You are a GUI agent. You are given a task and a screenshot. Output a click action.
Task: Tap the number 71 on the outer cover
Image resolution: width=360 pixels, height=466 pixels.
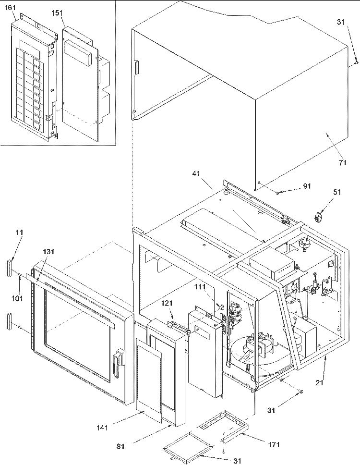coord(342,163)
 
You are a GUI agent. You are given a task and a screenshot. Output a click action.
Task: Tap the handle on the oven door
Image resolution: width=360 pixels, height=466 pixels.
coord(117,360)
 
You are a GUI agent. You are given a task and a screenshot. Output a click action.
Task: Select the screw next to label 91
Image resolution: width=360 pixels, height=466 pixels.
coord(277,193)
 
